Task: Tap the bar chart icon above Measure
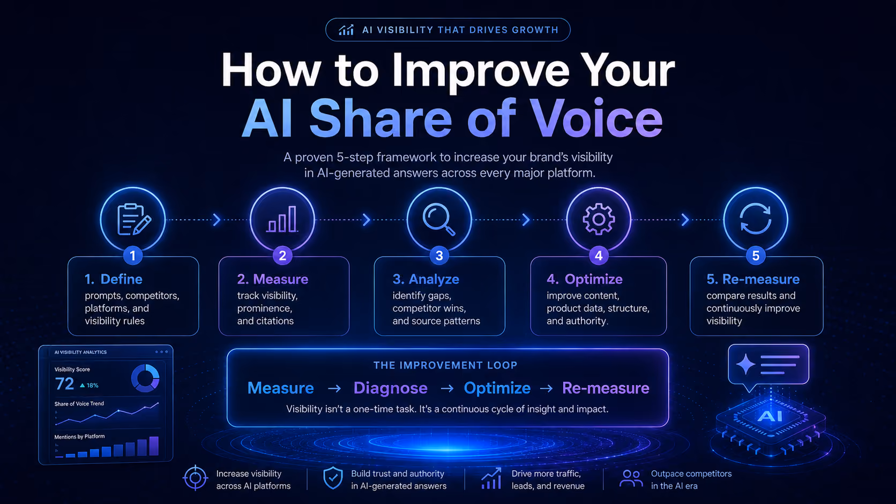[x=282, y=219]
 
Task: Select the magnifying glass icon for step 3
[x=439, y=220]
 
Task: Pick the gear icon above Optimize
[x=599, y=219]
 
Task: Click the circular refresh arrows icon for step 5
[x=755, y=219]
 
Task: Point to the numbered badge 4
[x=599, y=255]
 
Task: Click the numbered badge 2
[x=282, y=255]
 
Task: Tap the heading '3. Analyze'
[x=425, y=279]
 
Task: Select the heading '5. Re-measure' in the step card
[x=753, y=279]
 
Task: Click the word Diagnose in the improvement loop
[x=391, y=388]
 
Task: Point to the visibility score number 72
[x=64, y=383]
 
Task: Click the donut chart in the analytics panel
[x=145, y=378]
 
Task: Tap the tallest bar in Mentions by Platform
[x=154, y=446]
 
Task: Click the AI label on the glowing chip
[x=770, y=417]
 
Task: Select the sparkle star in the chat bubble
[x=745, y=364]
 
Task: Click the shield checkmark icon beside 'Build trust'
[x=333, y=478]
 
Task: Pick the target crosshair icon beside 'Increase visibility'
[x=195, y=478]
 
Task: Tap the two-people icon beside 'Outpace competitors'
[x=631, y=478]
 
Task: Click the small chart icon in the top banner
[x=346, y=30]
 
